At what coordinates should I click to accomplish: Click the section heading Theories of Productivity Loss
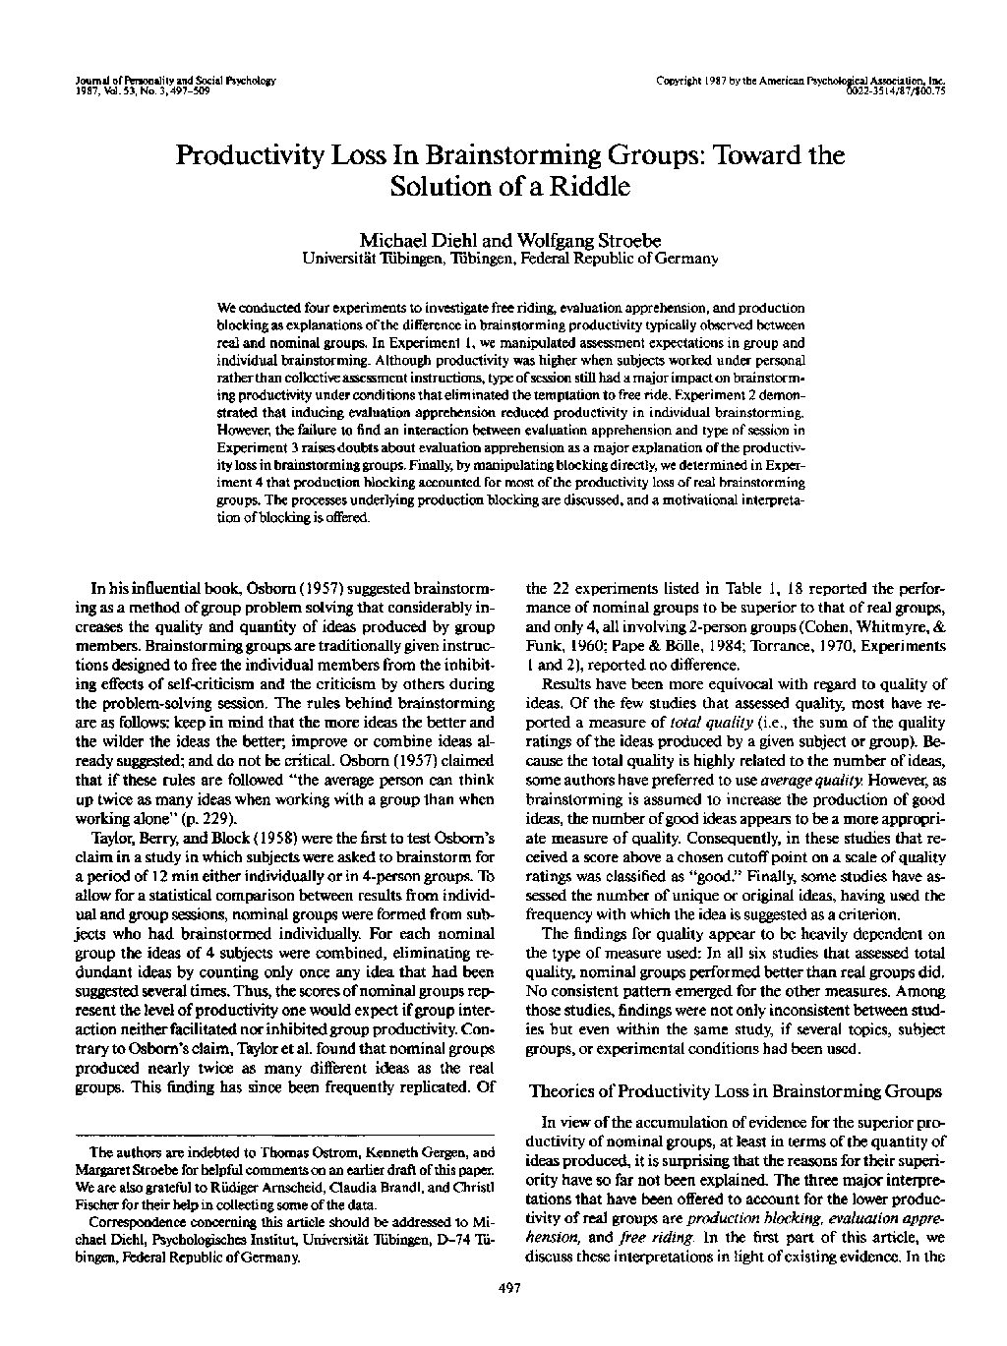736,1090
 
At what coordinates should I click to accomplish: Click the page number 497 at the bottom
510,1289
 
